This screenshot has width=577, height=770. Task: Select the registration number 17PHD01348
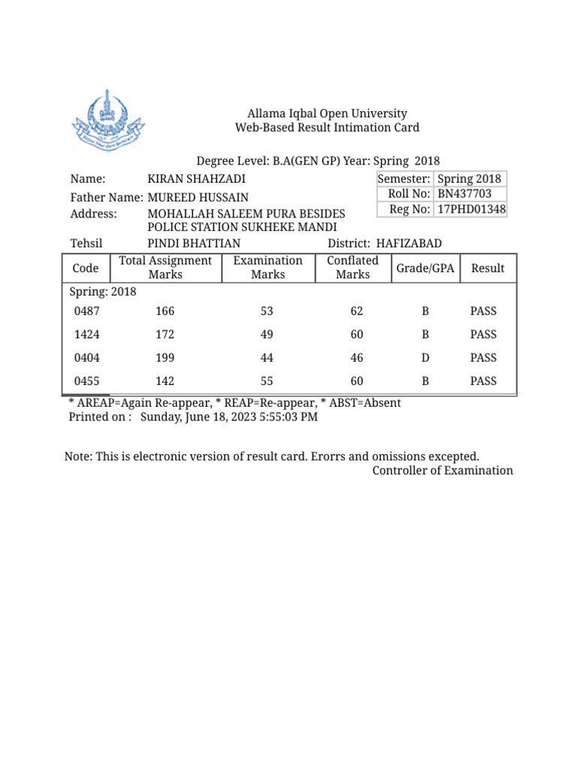(x=471, y=209)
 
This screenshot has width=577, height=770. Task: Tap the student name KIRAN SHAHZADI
(x=196, y=179)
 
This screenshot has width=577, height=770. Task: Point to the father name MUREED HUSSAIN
(x=198, y=198)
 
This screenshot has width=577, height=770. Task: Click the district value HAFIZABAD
(x=409, y=244)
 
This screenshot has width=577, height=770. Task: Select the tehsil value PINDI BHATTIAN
(x=194, y=244)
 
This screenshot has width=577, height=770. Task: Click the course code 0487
(x=86, y=311)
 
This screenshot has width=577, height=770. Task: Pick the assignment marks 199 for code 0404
(x=165, y=358)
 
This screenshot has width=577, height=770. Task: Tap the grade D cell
(x=425, y=358)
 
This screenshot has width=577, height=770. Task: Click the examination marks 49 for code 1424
(x=267, y=335)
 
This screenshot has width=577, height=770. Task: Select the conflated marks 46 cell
(x=357, y=358)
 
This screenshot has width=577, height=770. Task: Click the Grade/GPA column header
(x=425, y=268)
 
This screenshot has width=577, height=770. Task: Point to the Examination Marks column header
(x=267, y=268)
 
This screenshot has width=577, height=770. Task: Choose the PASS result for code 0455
(x=483, y=381)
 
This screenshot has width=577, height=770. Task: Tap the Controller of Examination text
(x=443, y=471)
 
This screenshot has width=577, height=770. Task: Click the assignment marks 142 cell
(x=165, y=381)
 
